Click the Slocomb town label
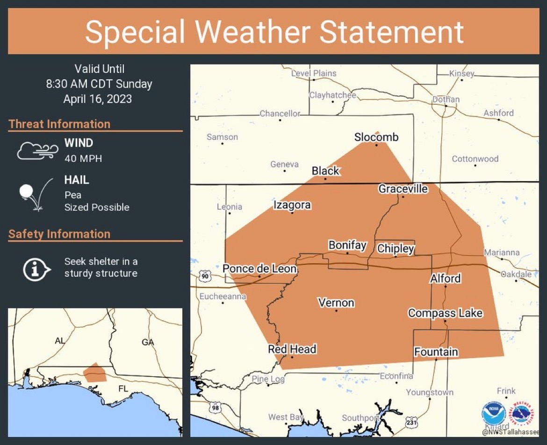pos(376,137)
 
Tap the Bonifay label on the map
pos(347,245)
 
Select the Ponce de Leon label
pos(259,269)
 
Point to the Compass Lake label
pos(445,313)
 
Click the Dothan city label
pos(446,99)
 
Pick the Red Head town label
pos(292,349)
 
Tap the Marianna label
pos(502,252)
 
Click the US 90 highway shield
pos(205,276)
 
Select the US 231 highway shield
pos(411,422)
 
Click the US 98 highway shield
pos(215,407)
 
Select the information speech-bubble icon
pos(36,269)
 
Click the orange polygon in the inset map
pos(95,372)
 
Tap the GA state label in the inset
pos(148,342)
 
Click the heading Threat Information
pos(59,124)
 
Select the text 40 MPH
pos(83,158)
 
